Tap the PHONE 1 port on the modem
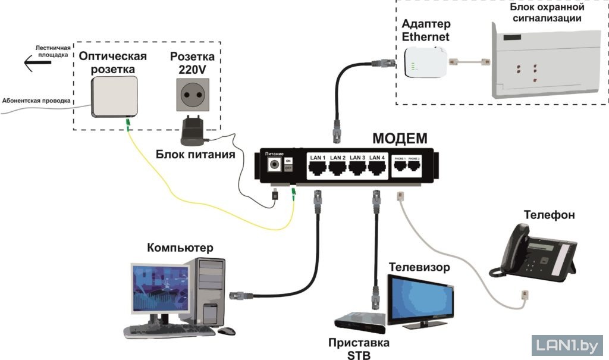(x=400, y=167)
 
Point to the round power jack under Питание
(x=274, y=164)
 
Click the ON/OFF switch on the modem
(x=288, y=164)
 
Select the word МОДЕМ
(x=400, y=139)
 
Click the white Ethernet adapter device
(x=425, y=62)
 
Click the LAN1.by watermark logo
(x=566, y=345)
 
